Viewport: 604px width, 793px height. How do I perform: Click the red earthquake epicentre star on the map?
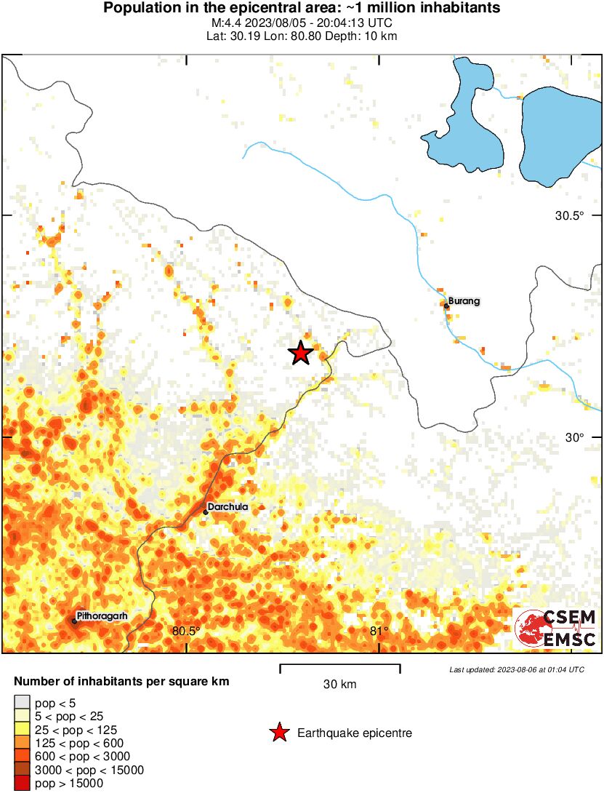coord(300,353)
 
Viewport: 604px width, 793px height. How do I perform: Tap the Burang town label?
coord(464,300)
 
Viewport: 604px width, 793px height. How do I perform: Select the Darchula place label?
coord(228,506)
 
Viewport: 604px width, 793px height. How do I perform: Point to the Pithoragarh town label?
coord(102,615)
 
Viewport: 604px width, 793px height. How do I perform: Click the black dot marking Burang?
coord(446,306)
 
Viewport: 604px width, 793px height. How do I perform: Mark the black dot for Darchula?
coord(206,512)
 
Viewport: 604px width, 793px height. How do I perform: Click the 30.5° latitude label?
coord(570,215)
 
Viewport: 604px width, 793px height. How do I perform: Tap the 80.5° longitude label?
coord(186,631)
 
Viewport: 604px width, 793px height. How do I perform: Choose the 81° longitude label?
coord(379,631)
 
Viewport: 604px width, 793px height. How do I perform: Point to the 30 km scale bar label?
coord(339,685)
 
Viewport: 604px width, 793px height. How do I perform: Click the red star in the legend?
coord(278,733)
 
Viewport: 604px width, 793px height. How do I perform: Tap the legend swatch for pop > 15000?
coord(22,784)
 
